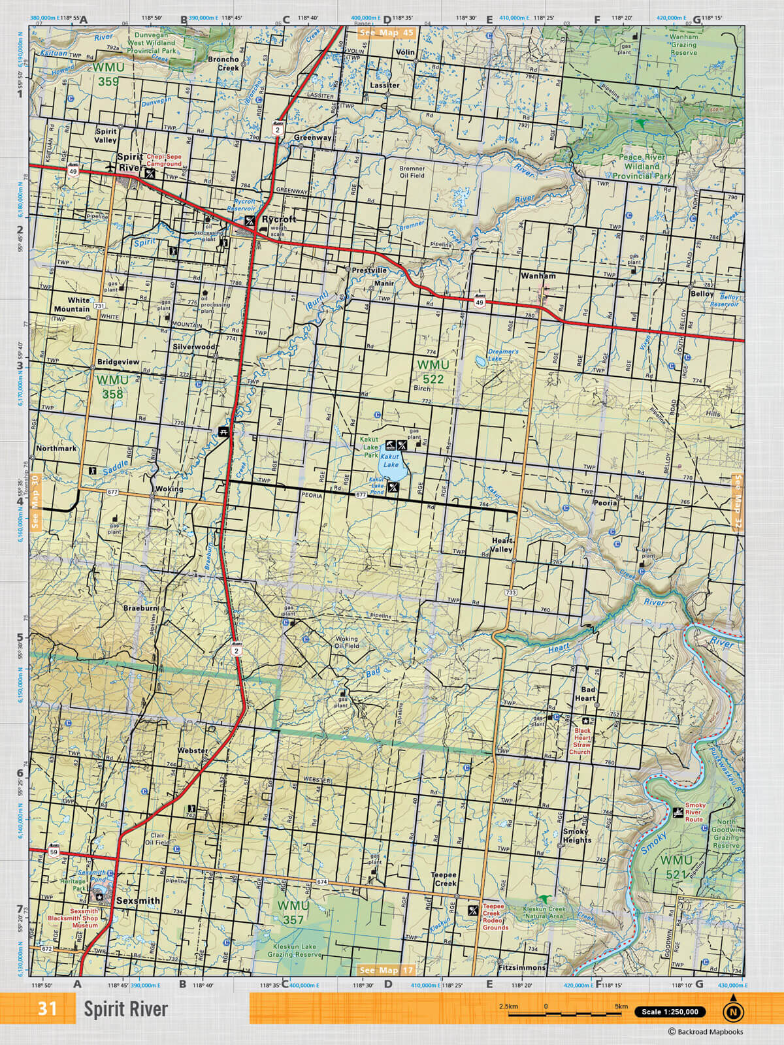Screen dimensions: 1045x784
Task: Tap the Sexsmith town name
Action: pyautogui.click(x=138, y=901)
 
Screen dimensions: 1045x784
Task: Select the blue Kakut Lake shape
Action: pyautogui.click(x=391, y=466)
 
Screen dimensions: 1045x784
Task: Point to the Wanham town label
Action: pyautogui.click(x=538, y=276)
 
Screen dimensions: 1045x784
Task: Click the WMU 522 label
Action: pyautogui.click(x=433, y=372)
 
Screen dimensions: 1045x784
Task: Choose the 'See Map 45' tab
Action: pyautogui.click(x=386, y=32)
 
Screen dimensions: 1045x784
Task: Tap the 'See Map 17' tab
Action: pyautogui.click(x=386, y=971)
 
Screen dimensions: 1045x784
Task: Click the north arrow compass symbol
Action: pyautogui.click(x=733, y=1012)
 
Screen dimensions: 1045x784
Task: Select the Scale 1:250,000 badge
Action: pyautogui.click(x=670, y=1012)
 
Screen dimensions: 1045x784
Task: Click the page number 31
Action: pyautogui.click(x=47, y=1009)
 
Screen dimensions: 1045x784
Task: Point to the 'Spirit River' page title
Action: pyautogui.click(x=125, y=1010)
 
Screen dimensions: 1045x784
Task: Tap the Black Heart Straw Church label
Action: pyautogui.click(x=581, y=741)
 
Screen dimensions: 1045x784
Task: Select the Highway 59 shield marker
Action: pyautogui.click(x=54, y=853)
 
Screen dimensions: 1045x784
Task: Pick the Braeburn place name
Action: pyautogui.click(x=140, y=608)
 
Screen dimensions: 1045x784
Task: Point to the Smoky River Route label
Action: pyautogui.click(x=694, y=812)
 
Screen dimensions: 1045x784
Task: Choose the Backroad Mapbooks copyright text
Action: pyautogui.click(x=705, y=1032)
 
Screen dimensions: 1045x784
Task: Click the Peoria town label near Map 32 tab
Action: pyautogui.click(x=605, y=503)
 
